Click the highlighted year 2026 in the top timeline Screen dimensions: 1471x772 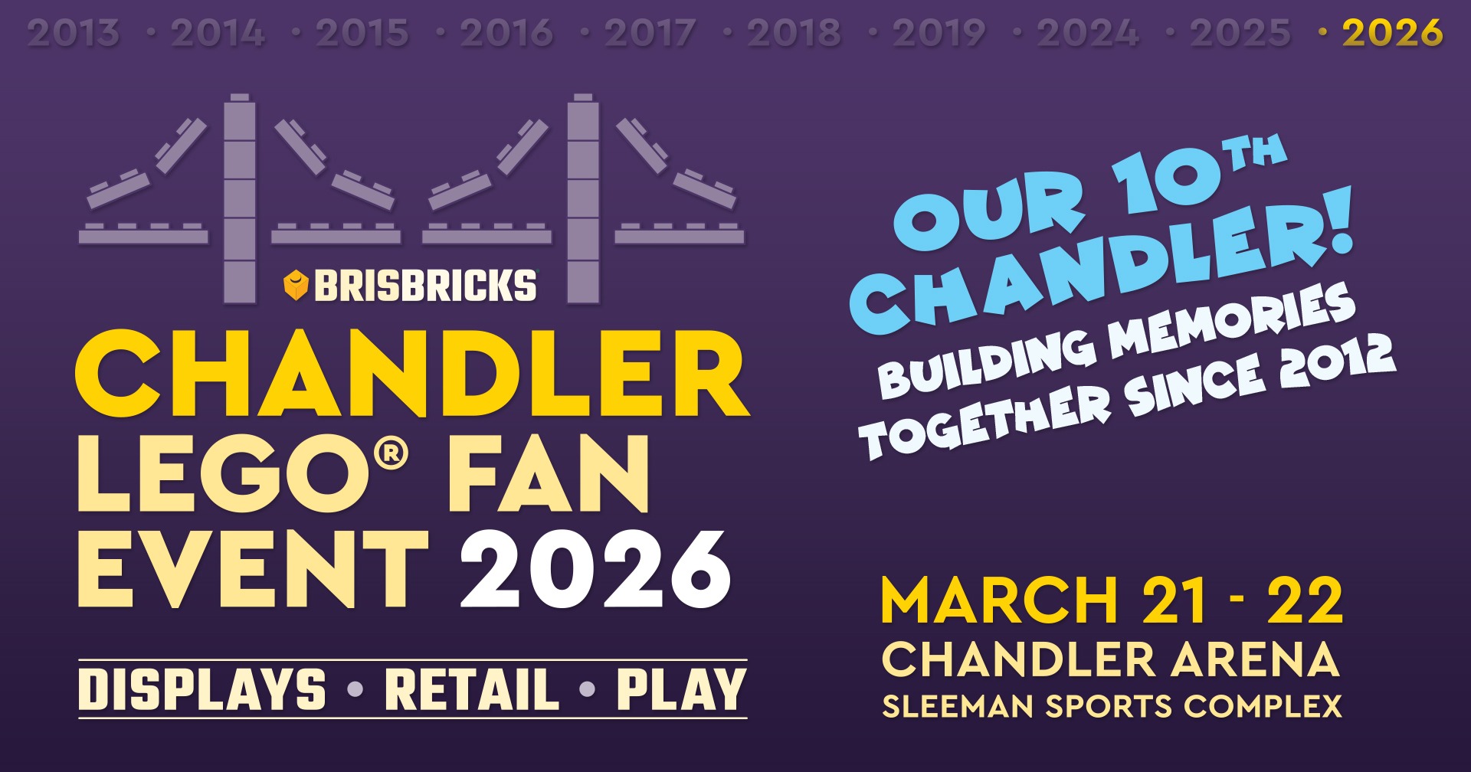pos(1392,33)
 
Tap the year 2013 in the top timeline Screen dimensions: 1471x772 pos(74,33)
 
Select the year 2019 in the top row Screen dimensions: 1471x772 pos(939,33)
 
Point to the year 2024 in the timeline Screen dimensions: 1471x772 pos(1087,33)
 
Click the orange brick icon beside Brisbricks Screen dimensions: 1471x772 pos(296,285)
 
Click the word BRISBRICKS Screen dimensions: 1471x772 pos(425,286)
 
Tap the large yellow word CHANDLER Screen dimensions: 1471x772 pos(412,373)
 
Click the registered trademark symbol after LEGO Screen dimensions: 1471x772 pos(391,453)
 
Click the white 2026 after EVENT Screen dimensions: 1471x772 pos(595,570)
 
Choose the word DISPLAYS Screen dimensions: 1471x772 pos(202,689)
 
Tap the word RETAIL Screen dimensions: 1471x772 pos(472,689)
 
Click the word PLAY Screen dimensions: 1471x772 pos(681,689)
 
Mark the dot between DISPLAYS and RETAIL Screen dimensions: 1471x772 pos(355,689)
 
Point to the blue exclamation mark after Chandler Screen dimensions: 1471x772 pos(1335,222)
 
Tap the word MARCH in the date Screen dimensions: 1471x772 pos(1001,600)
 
